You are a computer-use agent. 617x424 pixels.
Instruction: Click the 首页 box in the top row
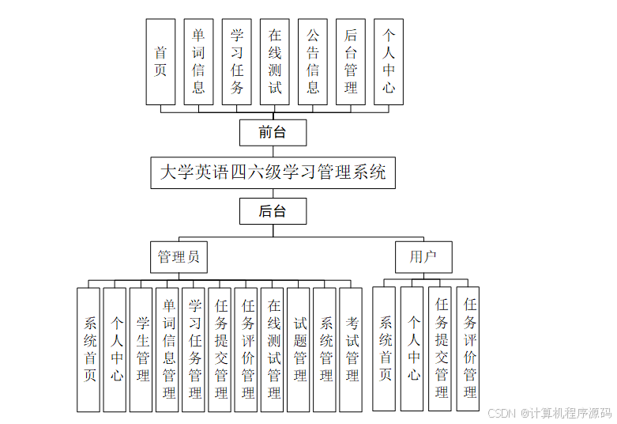point(160,62)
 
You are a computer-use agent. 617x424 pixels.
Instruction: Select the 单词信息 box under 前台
point(198,62)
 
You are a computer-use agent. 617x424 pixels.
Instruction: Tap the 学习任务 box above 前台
point(236,62)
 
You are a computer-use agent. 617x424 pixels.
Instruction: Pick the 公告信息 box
point(313,62)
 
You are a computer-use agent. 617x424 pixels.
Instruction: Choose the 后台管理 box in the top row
point(351,62)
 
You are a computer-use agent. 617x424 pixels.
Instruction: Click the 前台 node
point(273,132)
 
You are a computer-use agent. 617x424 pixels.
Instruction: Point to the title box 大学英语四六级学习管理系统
point(273,172)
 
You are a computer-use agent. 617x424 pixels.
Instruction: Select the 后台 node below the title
point(273,211)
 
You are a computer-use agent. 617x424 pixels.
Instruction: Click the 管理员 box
point(179,257)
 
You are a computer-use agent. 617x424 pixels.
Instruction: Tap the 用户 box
point(423,257)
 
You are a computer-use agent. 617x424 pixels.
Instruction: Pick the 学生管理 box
point(141,349)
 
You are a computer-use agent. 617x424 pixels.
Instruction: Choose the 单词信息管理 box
point(167,349)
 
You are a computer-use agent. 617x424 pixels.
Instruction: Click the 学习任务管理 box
point(194,349)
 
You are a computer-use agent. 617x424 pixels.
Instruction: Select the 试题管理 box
point(299,349)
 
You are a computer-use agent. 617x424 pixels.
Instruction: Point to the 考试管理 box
point(351,349)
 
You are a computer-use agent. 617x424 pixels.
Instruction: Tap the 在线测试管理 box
point(273,349)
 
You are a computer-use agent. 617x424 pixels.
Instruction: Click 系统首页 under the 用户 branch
point(385,349)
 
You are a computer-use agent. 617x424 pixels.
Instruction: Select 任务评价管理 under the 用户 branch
point(468,349)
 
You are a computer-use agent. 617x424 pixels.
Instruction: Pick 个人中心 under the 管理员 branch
point(115,349)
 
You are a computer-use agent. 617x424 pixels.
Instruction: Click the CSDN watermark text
point(550,413)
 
